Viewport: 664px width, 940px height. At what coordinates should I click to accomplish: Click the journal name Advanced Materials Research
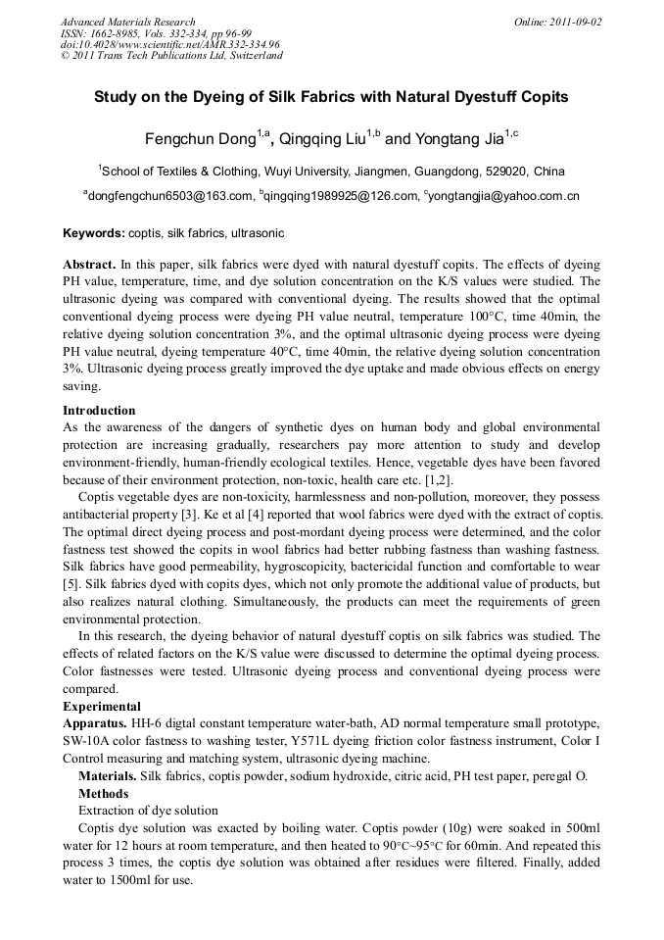coord(127,22)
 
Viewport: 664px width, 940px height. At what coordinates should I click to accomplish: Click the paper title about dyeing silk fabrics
coord(331,98)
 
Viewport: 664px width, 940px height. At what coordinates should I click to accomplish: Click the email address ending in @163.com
coord(168,196)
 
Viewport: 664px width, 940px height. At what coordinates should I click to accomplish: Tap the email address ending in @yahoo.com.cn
coord(503,196)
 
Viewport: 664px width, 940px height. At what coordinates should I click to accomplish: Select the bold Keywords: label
coord(94,234)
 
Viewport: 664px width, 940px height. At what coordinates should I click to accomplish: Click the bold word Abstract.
coord(89,265)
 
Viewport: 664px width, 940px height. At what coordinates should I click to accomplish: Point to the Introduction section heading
coord(99,411)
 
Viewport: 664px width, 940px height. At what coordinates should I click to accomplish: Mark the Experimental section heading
coord(102,707)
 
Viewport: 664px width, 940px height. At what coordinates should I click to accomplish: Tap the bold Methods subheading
coord(103,793)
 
